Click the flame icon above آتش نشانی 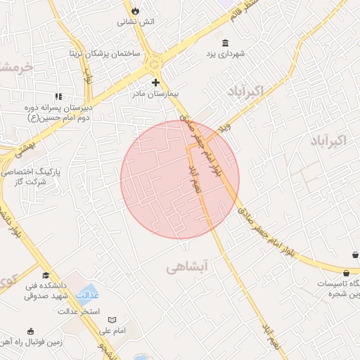point(135,11)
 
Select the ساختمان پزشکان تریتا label point(105,53)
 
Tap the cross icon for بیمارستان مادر point(155,82)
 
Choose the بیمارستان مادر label point(159,93)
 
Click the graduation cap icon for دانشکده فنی point(46,276)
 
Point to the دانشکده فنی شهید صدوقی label point(45,291)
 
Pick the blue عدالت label point(87,292)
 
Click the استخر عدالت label point(79,311)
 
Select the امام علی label point(111,330)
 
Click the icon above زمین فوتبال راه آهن point(30,331)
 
